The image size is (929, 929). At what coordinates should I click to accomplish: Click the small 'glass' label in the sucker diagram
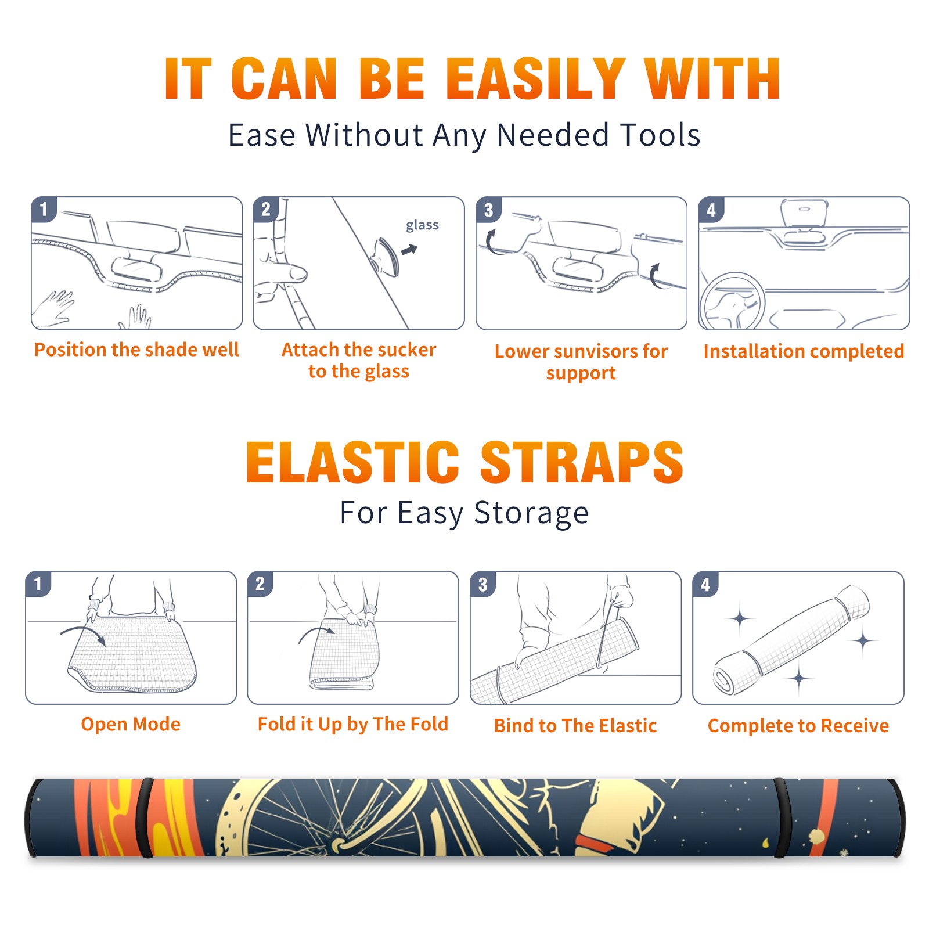[422, 225]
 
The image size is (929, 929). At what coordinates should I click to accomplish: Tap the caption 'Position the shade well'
[136, 350]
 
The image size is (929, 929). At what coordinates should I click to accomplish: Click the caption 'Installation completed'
[804, 351]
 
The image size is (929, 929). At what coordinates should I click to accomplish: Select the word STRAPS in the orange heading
[582, 462]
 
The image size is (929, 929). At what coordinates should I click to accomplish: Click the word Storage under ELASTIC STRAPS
[531, 513]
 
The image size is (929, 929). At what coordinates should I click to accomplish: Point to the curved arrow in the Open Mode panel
[83, 632]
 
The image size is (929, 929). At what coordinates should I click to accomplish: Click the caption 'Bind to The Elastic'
[575, 726]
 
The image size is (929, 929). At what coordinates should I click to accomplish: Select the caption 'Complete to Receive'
[798, 726]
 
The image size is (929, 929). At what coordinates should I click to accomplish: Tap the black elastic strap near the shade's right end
[782, 818]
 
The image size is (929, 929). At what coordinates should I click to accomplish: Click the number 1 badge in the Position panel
[44, 209]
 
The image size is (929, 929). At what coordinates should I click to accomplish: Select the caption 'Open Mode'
[131, 724]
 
